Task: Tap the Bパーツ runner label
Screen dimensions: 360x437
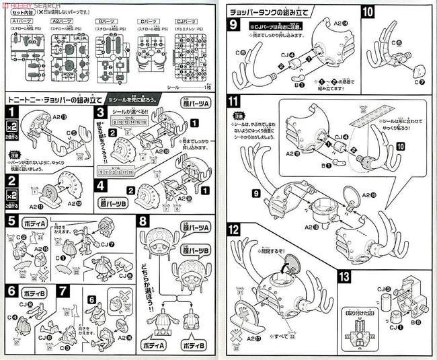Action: (x=106, y=22)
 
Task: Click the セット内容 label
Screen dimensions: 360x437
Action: (x=18, y=11)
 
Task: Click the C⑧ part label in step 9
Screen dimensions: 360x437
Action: (x=239, y=52)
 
